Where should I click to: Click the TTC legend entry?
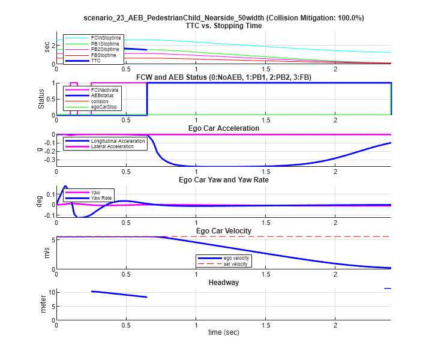(x=96, y=61)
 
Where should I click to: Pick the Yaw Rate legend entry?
(x=101, y=197)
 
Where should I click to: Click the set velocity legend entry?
(x=235, y=264)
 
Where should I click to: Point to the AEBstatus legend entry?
(x=103, y=95)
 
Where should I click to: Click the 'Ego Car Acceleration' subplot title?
(x=223, y=128)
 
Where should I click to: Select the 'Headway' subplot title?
(x=223, y=282)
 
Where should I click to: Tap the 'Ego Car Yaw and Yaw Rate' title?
(x=223, y=180)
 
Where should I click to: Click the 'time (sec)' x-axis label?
(x=223, y=332)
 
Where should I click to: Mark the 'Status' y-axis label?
(x=41, y=99)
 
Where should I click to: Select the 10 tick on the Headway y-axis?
(x=52, y=292)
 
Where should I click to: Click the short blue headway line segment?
(x=388, y=289)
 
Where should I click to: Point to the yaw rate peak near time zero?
(x=65, y=187)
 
